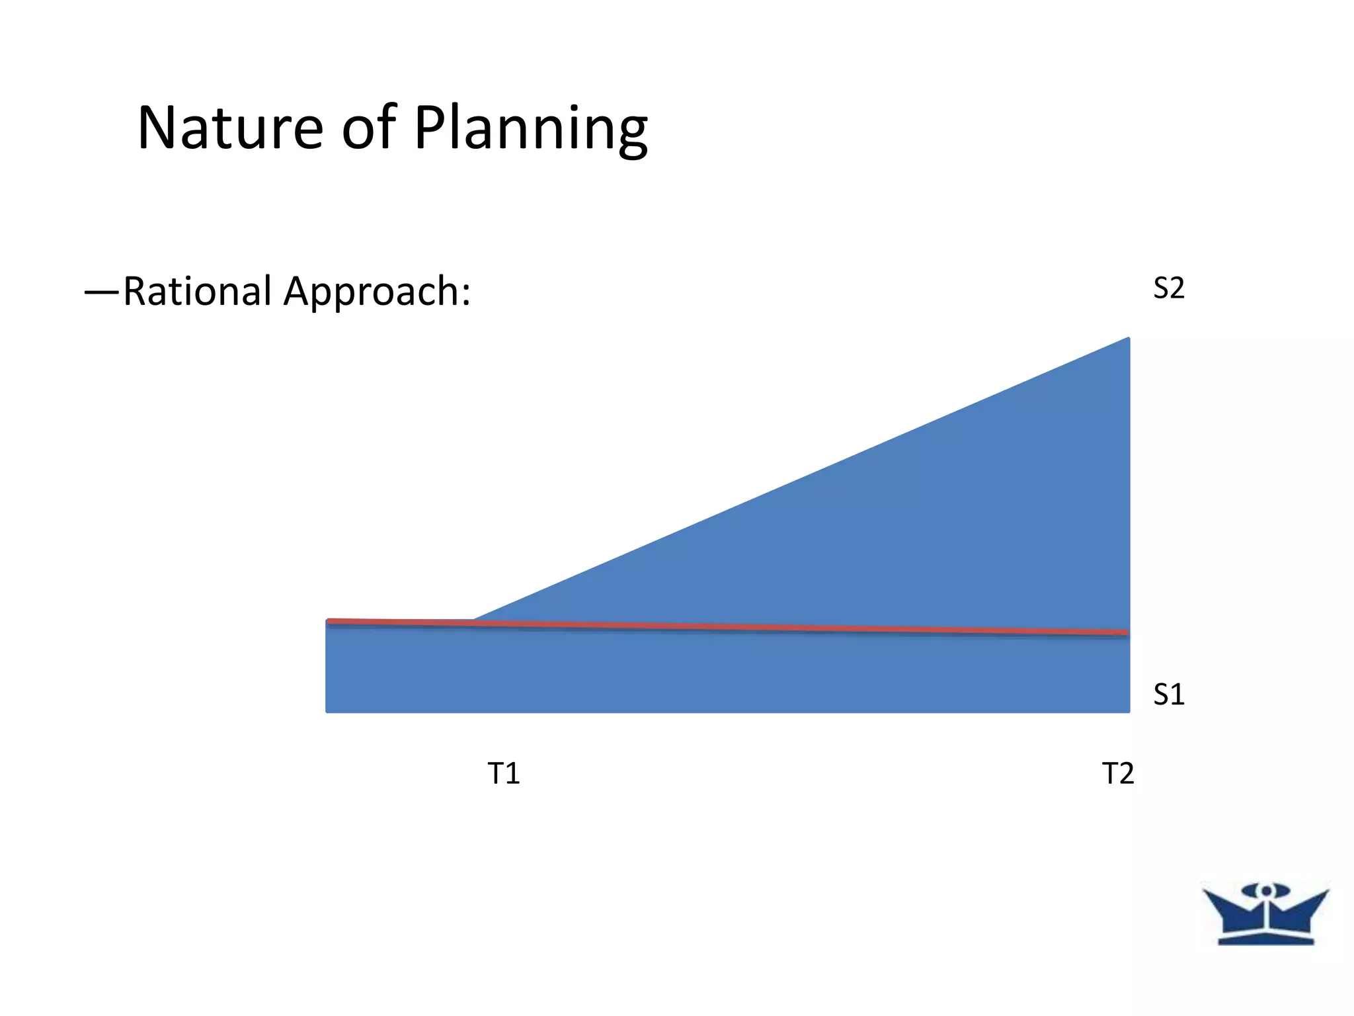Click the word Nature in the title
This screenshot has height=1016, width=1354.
(230, 128)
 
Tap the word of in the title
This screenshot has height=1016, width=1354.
(369, 128)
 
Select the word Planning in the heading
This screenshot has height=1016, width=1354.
(531, 131)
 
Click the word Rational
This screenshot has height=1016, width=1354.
(198, 291)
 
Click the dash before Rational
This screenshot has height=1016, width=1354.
(102, 292)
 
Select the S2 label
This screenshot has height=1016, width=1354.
(1168, 288)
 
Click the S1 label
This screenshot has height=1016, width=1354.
(1168, 695)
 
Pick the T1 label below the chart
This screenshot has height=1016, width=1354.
(504, 773)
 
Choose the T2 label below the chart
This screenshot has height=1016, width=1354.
(1118, 773)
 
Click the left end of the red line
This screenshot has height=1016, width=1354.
(329, 621)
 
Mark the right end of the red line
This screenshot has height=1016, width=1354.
(1127, 633)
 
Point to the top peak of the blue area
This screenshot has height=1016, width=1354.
(1127, 340)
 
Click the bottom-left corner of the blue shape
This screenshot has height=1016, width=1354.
(328, 710)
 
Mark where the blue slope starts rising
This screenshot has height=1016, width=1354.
(474, 620)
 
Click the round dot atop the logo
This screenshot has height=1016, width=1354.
(1265, 891)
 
